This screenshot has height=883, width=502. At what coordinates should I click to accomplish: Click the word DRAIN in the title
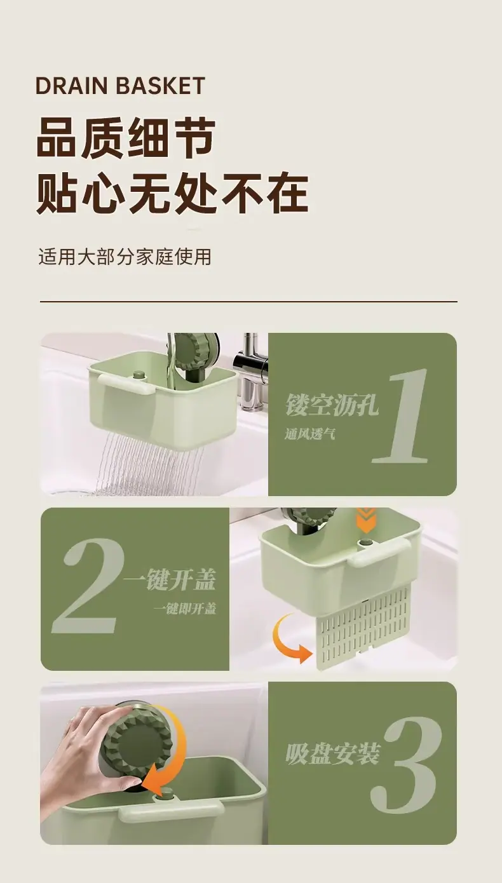pos(71,86)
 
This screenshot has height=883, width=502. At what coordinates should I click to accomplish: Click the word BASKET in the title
pos(161,86)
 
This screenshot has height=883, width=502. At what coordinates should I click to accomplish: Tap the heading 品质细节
pos(126,138)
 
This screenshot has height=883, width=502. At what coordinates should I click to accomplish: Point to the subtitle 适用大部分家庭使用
pos(125,257)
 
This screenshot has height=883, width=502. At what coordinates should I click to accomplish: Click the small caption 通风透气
pos(310,435)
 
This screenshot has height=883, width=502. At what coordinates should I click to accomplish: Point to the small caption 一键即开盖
pos(185,609)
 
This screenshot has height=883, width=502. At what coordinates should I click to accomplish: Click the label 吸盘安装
pos(333,753)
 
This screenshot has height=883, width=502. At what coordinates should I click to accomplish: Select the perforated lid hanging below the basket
pos(363,634)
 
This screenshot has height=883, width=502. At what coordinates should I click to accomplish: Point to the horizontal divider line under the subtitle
pos(248,302)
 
